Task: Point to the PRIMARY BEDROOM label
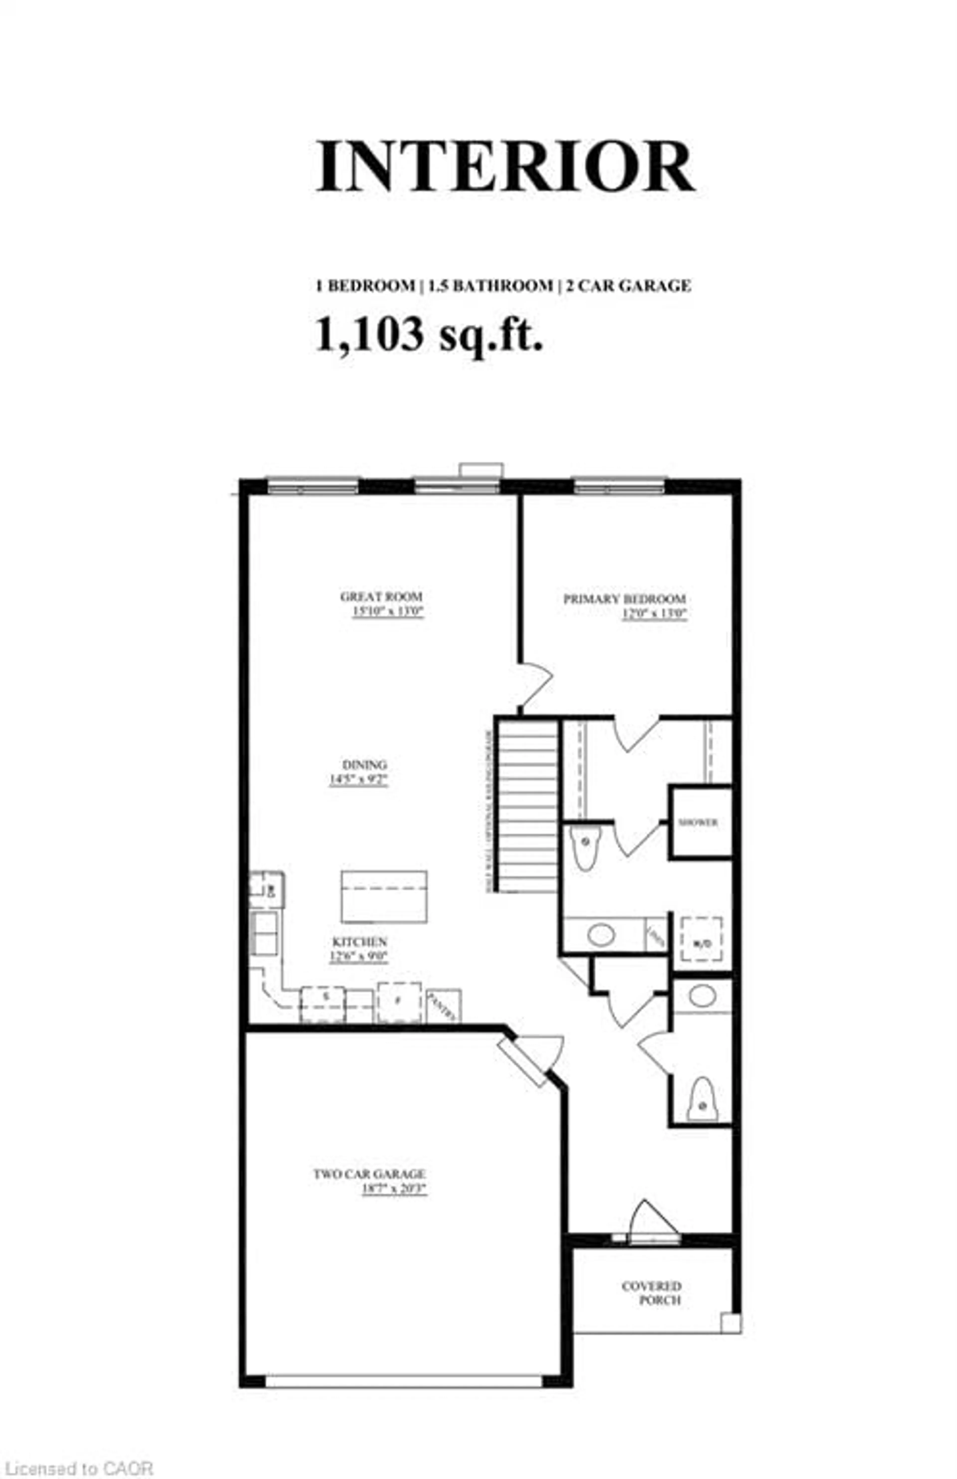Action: [x=625, y=599]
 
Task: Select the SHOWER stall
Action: [x=700, y=822]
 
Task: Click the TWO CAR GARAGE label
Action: [x=369, y=1174]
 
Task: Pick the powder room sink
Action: [x=702, y=995]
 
